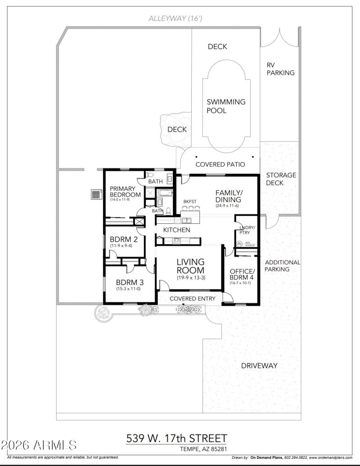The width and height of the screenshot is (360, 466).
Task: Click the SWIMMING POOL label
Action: coord(226,106)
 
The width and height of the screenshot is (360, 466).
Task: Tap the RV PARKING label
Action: coord(280,69)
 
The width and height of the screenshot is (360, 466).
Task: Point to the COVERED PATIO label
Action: coord(220,165)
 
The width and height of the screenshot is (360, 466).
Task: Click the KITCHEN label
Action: coord(176,230)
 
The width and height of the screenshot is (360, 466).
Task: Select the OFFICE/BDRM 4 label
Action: coord(242,275)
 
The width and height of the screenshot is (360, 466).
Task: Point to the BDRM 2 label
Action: coord(121,240)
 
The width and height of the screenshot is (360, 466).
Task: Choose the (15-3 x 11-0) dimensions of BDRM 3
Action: coord(128,289)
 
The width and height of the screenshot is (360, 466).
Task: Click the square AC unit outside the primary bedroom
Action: coord(95,194)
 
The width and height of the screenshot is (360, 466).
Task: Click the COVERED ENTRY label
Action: coord(193,299)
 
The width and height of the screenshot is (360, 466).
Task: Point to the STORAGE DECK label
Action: coord(281,179)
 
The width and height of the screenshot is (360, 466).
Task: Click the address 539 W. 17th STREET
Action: coord(176,438)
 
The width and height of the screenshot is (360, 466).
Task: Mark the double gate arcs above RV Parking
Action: coord(279,37)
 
